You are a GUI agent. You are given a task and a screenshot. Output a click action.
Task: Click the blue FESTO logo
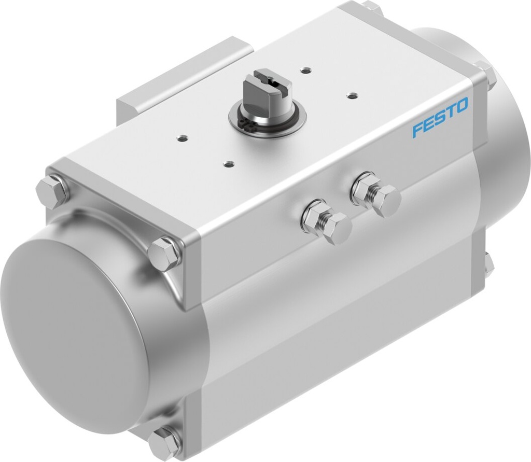click(x=440, y=117)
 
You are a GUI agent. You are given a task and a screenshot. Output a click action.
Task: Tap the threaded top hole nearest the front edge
click(x=227, y=164)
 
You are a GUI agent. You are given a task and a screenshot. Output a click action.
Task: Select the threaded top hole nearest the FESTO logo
click(x=353, y=95)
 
